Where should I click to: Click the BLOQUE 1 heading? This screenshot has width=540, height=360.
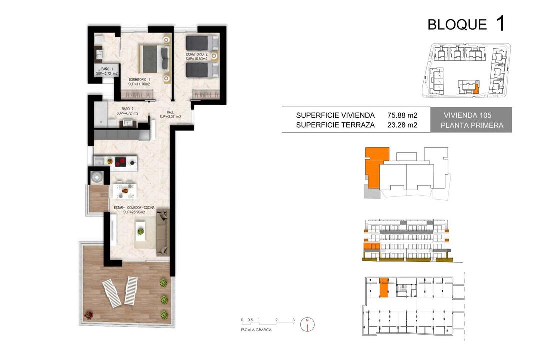coord(466,24)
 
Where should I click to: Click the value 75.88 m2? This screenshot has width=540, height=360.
coord(402,115)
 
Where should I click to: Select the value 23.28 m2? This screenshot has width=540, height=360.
coord(402,125)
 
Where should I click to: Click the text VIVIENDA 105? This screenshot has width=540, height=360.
coord(467,116)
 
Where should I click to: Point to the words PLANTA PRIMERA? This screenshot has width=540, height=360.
coord(472,125)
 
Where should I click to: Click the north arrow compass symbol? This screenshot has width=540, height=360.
coord(307,324)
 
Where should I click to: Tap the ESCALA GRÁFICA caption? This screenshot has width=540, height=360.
coord(256,330)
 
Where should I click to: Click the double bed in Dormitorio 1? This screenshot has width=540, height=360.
coord(154,59)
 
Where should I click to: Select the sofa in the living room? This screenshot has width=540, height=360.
coord(163,232)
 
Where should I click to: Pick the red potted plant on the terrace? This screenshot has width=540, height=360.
coord(89,315)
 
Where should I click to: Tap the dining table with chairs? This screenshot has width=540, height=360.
coord(124,190)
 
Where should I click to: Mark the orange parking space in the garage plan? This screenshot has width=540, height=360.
coord(384,288)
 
